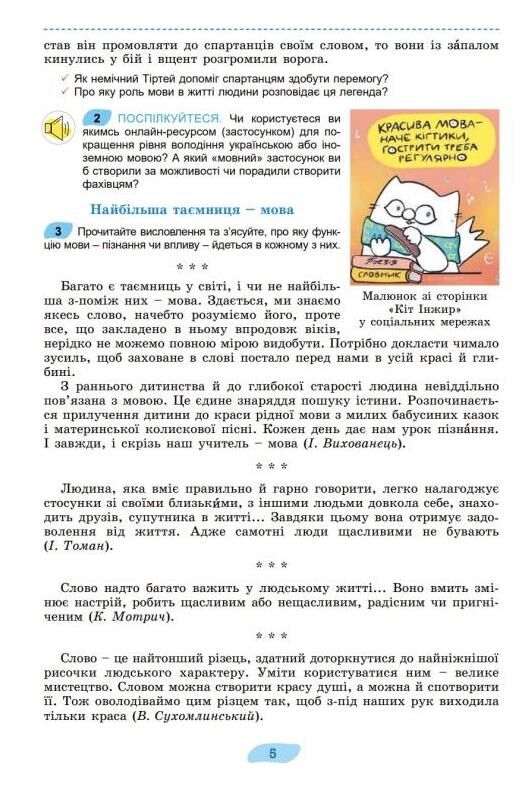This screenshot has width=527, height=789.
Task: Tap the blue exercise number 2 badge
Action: coord(95,117)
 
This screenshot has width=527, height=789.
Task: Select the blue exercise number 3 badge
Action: coord(58,231)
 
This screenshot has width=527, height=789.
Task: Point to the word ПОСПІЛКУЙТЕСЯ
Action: coord(159,118)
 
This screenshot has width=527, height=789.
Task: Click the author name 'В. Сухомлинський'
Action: coord(195,717)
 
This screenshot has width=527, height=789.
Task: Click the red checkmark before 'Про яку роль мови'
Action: coord(64,92)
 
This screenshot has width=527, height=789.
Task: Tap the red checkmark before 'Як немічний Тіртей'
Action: coord(64,78)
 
